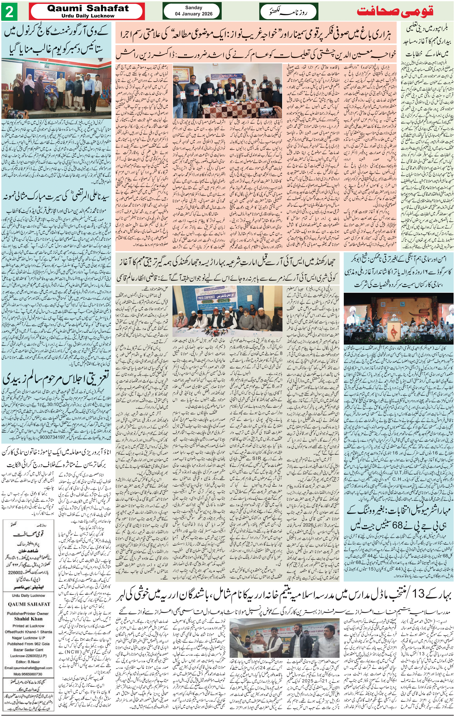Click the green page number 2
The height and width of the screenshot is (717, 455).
click(x=9, y=12)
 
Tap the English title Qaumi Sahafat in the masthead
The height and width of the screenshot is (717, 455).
click(x=88, y=8)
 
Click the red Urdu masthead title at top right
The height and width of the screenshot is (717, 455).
click(x=395, y=11)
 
